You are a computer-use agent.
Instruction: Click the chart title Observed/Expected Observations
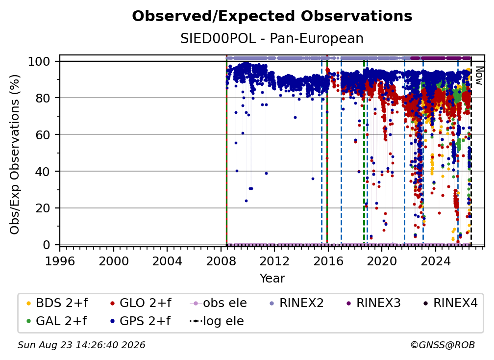pos(272,16)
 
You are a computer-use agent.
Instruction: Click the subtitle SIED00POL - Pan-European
pos(272,38)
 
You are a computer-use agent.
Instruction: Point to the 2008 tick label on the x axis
pos(221,261)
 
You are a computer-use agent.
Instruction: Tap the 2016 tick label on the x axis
pos(328,261)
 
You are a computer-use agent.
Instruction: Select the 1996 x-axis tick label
pos(60,261)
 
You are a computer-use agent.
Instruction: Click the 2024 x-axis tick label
pos(435,261)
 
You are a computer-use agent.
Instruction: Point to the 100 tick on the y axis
pos(39,61)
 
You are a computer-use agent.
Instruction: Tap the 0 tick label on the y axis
pos(47,245)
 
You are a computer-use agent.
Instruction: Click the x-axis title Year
pos(272,279)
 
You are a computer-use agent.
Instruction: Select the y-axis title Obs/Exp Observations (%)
pos(15,154)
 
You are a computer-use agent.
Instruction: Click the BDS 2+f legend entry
pos(57,303)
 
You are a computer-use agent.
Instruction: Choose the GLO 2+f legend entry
pos(141,303)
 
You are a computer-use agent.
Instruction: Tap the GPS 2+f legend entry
pos(140,321)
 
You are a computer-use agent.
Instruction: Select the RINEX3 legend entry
pos(373,303)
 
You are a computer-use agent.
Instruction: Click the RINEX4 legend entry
pos(450,303)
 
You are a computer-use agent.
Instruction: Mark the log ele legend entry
pos(217,321)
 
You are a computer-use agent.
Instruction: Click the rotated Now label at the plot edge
pos(479,76)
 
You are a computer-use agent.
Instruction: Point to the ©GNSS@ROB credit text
pos(443,345)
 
